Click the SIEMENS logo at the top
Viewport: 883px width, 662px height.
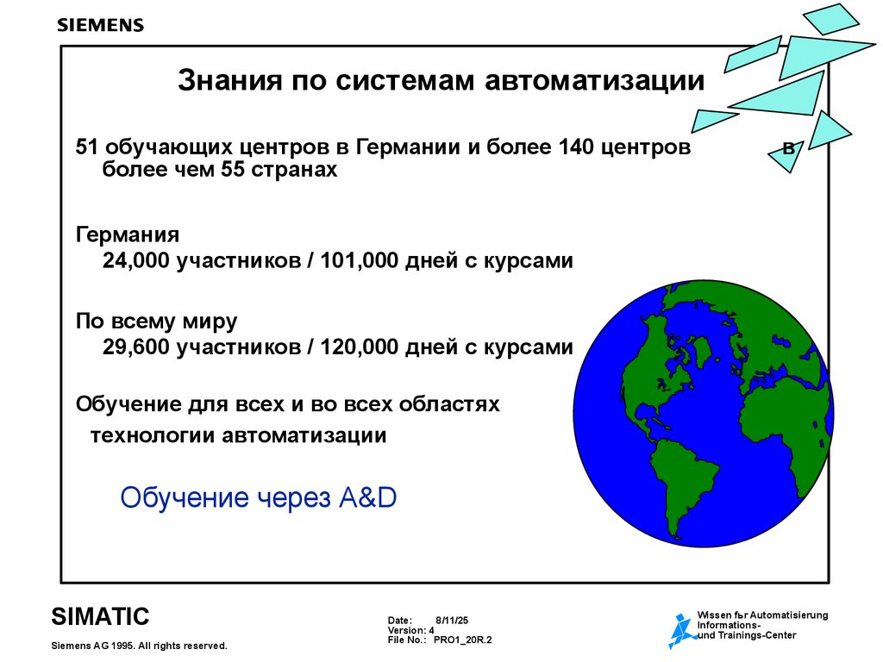click(x=100, y=25)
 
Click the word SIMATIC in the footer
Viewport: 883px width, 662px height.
click(x=100, y=615)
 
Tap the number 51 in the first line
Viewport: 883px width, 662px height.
click(x=87, y=147)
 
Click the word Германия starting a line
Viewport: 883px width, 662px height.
click(x=127, y=234)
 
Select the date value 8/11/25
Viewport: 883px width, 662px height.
click(x=452, y=620)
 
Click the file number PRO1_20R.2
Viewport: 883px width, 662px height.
click(x=462, y=640)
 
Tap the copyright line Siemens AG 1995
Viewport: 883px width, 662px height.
click(x=140, y=646)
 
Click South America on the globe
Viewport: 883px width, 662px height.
click(x=681, y=483)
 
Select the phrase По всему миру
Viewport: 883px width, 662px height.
click(x=156, y=322)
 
